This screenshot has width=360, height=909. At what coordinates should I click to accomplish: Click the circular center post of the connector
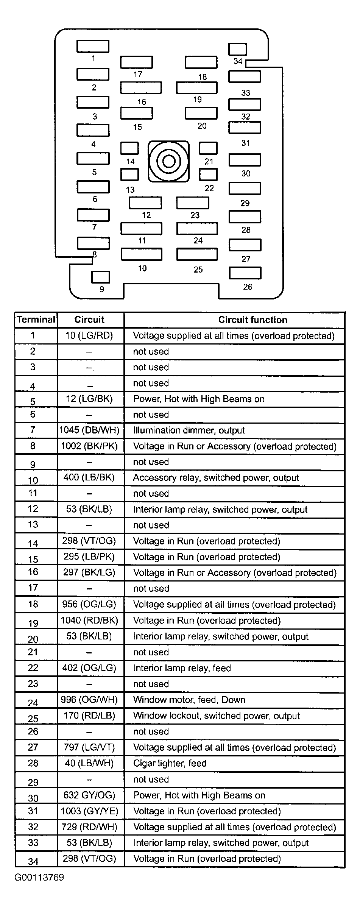pyautogui.click(x=168, y=162)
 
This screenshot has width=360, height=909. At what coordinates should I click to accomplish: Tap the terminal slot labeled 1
pyautogui.click(x=93, y=46)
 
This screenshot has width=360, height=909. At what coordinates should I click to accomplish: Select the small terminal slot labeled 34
pyautogui.click(x=238, y=49)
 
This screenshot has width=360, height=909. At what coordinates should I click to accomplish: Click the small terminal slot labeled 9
pyautogui.click(x=101, y=277)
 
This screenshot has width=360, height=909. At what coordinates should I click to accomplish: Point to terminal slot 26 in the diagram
pyautogui.click(x=245, y=273)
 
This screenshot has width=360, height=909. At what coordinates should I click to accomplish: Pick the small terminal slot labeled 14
pyautogui.click(x=129, y=148)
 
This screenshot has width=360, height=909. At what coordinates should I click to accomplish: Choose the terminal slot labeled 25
pyautogui.click(x=197, y=254)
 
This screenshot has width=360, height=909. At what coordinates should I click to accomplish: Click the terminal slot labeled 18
pyautogui.click(x=201, y=62)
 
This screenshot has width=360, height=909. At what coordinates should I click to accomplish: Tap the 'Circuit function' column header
pyautogui.click(x=252, y=320)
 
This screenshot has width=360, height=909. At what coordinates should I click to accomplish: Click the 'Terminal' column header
pyautogui.click(x=36, y=320)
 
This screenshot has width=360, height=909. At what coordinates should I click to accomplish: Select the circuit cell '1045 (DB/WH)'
pyautogui.click(x=90, y=430)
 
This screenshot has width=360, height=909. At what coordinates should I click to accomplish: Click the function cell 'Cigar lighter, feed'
pyautogui.click(x=170, y=763)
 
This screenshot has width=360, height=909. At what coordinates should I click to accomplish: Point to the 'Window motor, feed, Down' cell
pyautogui.click(x=189, y=700)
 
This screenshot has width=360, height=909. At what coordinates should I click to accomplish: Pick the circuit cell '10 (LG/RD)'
pyautogui.click(x=89, y=335)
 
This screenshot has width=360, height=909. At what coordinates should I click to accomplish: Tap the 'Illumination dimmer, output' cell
pyautogui.click(x=189, y=430)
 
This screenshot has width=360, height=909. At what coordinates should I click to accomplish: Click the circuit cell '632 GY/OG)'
pyautogui.click(x=89, y=795)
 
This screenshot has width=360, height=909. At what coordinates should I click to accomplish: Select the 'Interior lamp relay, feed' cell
pyautogui.click(x=182, y=668)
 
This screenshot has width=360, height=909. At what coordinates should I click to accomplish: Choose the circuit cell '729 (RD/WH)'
pyautogui.click(x=90, y=827)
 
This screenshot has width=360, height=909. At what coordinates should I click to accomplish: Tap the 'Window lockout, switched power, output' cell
pyautogui.click(x=216, y=716)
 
